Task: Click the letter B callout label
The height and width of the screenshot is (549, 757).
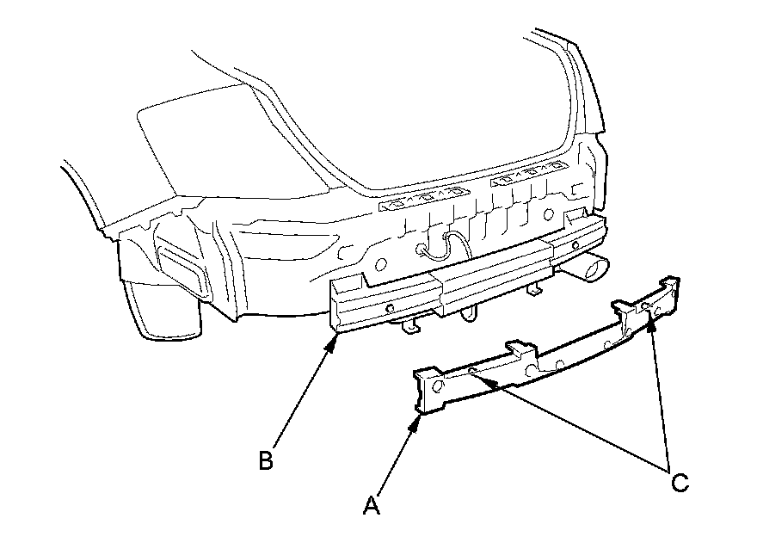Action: [266, 460]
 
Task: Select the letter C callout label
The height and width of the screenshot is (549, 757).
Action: [680, 482]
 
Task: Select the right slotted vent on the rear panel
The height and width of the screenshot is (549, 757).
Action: [527, 181]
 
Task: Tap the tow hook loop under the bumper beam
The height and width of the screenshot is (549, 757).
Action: [469, 312]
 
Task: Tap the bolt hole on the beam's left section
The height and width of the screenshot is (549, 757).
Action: [389, 307]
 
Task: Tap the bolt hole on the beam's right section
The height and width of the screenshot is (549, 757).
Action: [575, 245]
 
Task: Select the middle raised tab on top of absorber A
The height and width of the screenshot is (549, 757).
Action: [520, 349]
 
